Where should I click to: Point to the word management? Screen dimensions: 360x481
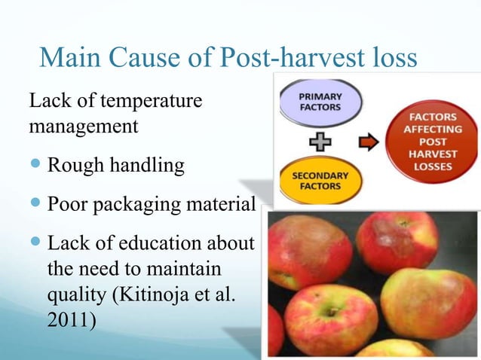(83, 125)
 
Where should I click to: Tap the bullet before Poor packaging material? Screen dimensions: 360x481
(36, 204)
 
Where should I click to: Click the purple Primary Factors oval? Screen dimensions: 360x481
(320, 102)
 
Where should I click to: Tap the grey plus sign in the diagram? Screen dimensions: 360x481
(320, 141)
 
